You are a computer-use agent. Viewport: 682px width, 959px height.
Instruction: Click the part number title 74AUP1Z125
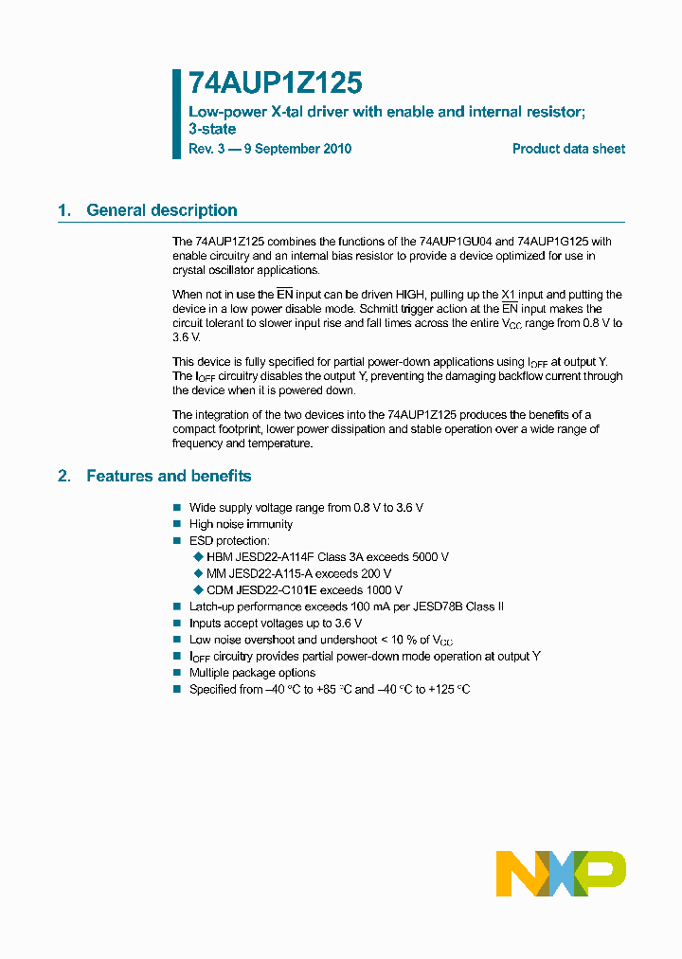(x=276, y=84)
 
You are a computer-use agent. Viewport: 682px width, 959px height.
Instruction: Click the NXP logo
(x=561, y=873)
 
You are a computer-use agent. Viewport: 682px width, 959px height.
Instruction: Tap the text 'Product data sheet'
(x=568, y=149)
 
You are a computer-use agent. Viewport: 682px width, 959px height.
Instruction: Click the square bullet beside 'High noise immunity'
(x=176, y=524)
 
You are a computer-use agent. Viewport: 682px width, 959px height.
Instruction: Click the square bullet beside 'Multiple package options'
(x=176, y=673)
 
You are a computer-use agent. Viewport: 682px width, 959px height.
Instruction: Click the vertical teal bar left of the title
(x=176, y=113)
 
